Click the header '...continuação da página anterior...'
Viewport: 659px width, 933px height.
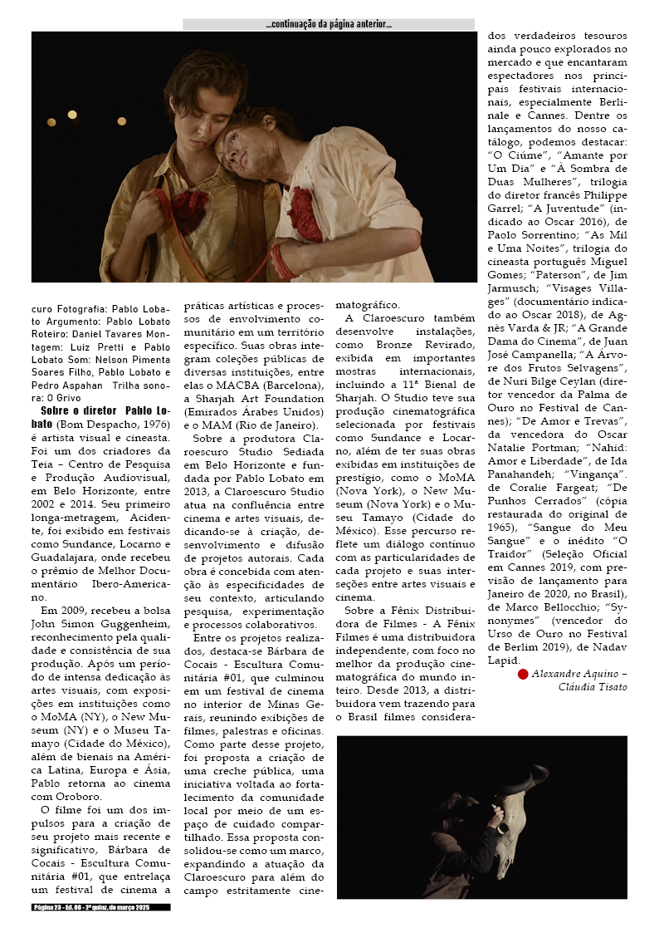pyautogui.click(x=329, y=25)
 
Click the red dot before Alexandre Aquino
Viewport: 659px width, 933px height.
pyautogui.click(x=523, y=674)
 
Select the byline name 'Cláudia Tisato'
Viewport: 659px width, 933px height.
pyautogui.click(x=593, y=687)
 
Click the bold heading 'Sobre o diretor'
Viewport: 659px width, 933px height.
pyautogui.click(x=80, y=410)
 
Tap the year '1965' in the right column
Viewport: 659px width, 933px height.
pyautogui.click(x=502, y=526)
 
